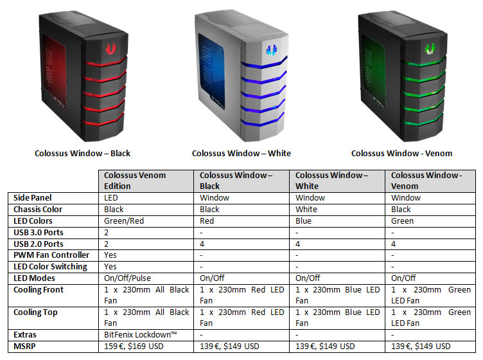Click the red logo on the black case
(x=111, y=48)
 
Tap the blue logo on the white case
(x=272, y=50)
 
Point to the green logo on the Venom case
(x=430, y=48)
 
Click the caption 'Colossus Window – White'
(x=241, y=153)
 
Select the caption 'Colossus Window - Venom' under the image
(x=401, y=153)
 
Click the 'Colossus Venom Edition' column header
(x=135, y=181)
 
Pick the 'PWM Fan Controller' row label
(x=51, y=255)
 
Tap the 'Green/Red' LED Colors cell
(x=124, y=221)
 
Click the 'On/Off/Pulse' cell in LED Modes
(x=127, y=278)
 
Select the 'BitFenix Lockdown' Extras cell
(x=141, y=334)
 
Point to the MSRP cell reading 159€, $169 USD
(x=134, y=346)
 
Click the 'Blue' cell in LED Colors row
(x=303, y=221)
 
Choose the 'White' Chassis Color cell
(x=306, y=210)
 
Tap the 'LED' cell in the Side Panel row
(x=111, y=198)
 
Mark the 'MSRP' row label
(x=24, y=346)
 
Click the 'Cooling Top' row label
(x=35, y=312)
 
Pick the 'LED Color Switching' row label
(x=50, y=267)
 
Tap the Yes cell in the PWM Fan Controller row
(x=110, y=255)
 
